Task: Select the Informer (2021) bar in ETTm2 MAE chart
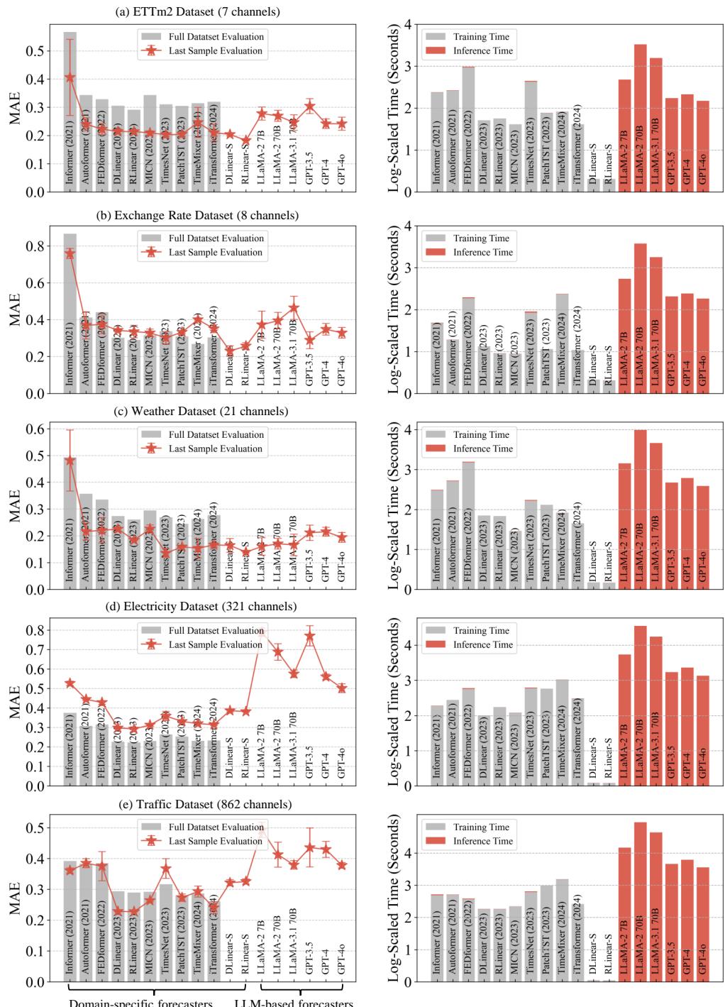coord(70,114)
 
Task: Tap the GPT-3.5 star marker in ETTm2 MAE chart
coord(309,107)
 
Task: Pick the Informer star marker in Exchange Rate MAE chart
coord(70,253)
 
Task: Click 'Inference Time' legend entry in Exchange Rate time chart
coord(482,252)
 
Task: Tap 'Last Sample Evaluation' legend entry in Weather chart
coord(215,449)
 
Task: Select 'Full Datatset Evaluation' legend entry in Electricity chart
coord(215,630)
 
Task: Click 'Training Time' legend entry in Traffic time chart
coord(480,827)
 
